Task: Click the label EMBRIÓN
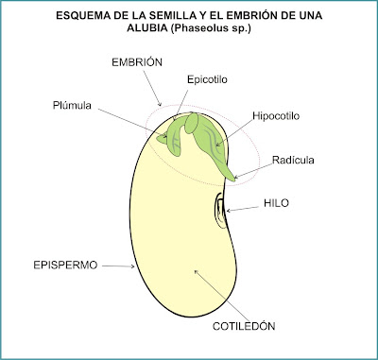(x=132, y=60)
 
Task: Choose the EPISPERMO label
(x=66, y=266)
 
